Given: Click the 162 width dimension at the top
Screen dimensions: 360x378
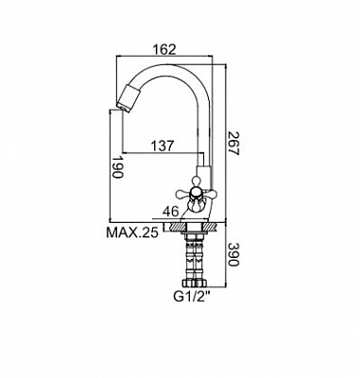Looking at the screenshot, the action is [x=163, y=49].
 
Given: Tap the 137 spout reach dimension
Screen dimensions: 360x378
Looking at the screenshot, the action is [x=163, y=146].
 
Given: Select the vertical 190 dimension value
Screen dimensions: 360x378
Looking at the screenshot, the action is [x=117, y=167].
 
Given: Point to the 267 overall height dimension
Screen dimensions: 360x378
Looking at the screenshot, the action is [x=234, y=144].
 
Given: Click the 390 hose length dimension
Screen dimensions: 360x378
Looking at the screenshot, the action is [x=233, y=254].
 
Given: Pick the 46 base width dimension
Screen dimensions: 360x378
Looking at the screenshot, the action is [x=171, y=212].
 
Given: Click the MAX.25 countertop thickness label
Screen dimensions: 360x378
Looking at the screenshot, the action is [x=132, y=232].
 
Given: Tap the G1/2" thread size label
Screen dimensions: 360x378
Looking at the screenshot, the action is [x=192, y=297].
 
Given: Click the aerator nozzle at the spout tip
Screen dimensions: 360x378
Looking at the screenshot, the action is [x=127, y=97].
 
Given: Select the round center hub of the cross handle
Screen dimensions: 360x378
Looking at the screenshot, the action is [x=195, y=193].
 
